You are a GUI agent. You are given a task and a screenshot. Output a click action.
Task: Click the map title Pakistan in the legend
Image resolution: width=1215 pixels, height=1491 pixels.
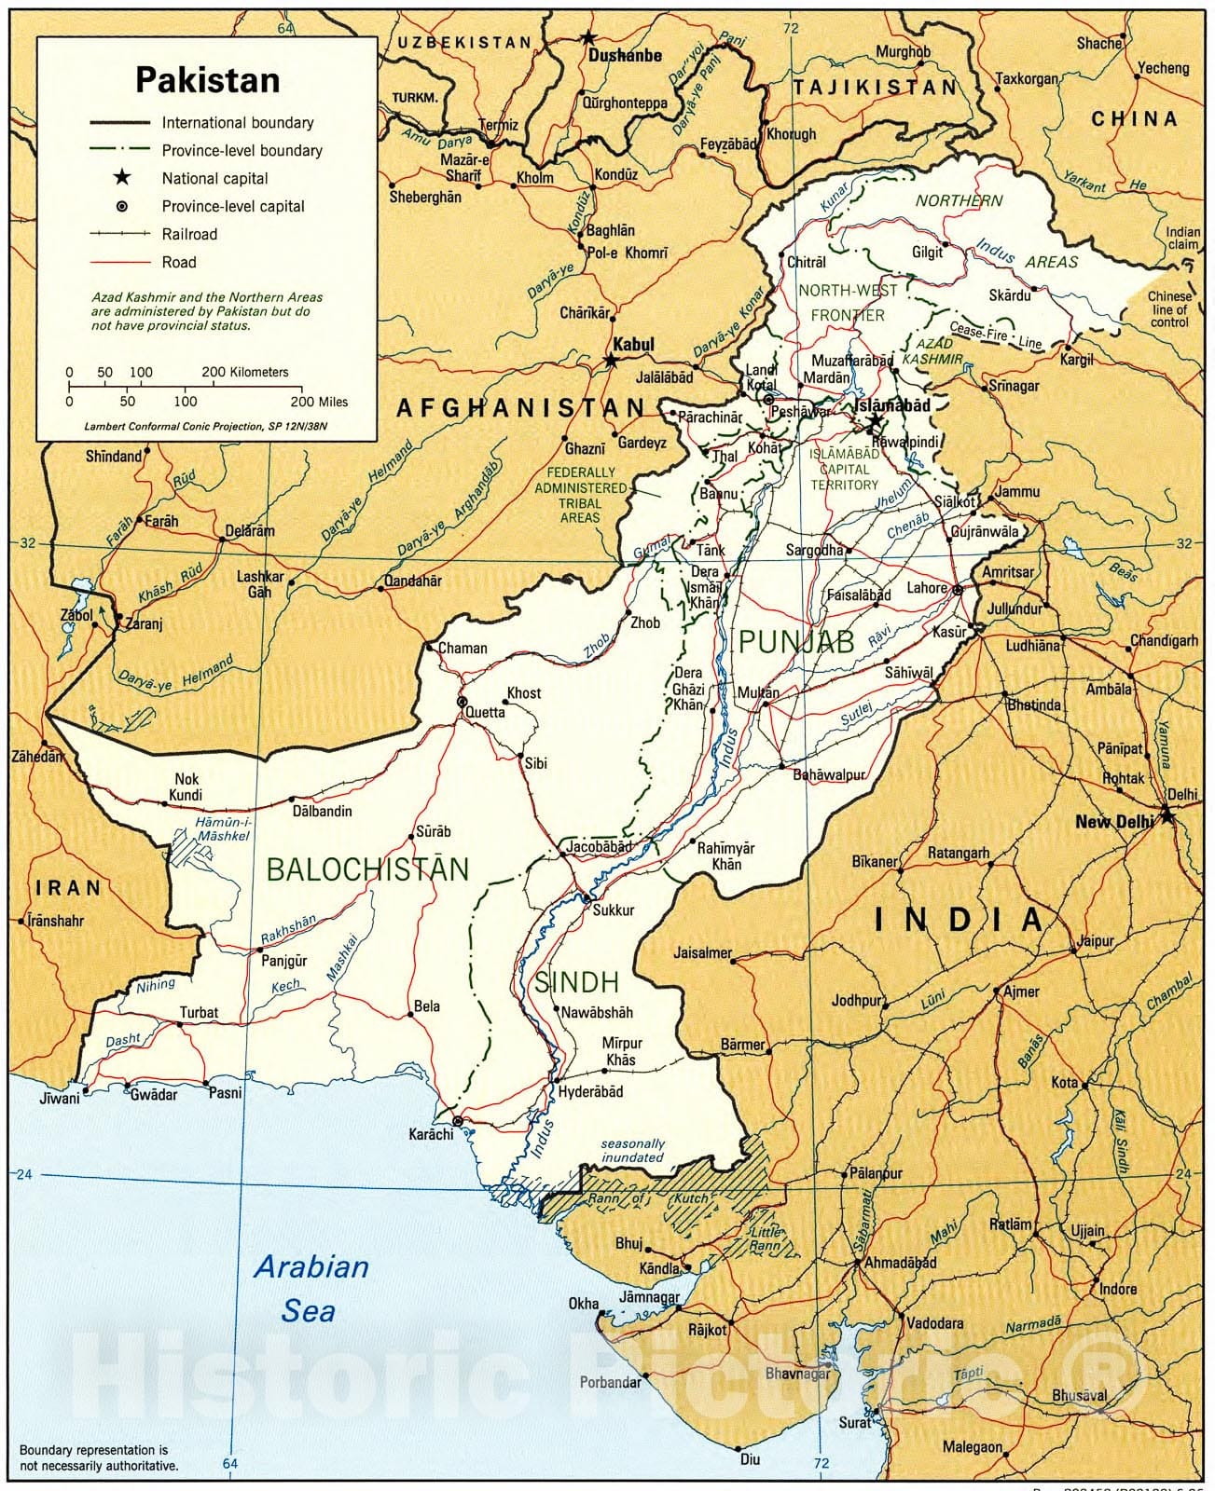[x=207, y=80]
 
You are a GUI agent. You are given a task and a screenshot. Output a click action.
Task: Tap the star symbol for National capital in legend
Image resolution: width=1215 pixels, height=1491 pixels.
[x=121, y=178]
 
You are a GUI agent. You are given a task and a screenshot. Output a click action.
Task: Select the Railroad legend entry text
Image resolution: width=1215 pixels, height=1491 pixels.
[x=189, y=234]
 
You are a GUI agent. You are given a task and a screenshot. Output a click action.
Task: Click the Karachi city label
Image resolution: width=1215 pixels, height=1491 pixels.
[x=431, y=1134]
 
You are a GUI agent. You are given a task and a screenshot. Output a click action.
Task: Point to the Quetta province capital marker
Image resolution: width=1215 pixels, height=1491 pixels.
[x=462, y=701]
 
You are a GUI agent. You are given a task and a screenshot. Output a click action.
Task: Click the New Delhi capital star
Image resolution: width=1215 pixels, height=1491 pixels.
[x=1167, y=817]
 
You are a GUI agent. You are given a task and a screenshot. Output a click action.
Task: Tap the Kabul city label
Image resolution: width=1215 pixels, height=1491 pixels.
[x=633, y=344]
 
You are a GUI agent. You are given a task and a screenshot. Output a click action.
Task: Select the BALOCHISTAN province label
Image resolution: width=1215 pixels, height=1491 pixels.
[x=367, y=869]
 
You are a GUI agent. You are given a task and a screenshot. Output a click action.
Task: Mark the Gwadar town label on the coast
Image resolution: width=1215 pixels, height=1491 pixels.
[x=153, y=1095]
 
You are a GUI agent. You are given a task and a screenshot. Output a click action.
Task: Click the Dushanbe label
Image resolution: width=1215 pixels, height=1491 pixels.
[x=625, y=55]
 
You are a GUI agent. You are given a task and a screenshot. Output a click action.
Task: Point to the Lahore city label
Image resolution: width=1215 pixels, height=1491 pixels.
[x=927, y=588]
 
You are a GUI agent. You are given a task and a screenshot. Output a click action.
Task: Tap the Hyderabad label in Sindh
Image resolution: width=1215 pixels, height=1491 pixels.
[x=590, y=1091]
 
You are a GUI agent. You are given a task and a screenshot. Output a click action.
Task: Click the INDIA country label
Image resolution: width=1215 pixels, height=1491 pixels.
[x=959, y=920]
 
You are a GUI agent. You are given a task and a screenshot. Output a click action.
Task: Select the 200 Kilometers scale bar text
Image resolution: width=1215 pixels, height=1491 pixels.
[x=245, y=372]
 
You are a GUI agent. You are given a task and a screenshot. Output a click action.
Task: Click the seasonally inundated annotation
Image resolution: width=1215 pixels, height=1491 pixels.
[x=632, y=1150]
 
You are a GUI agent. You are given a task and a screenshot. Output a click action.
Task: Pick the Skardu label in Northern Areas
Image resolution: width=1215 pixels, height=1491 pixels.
[x=1010, y=295]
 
